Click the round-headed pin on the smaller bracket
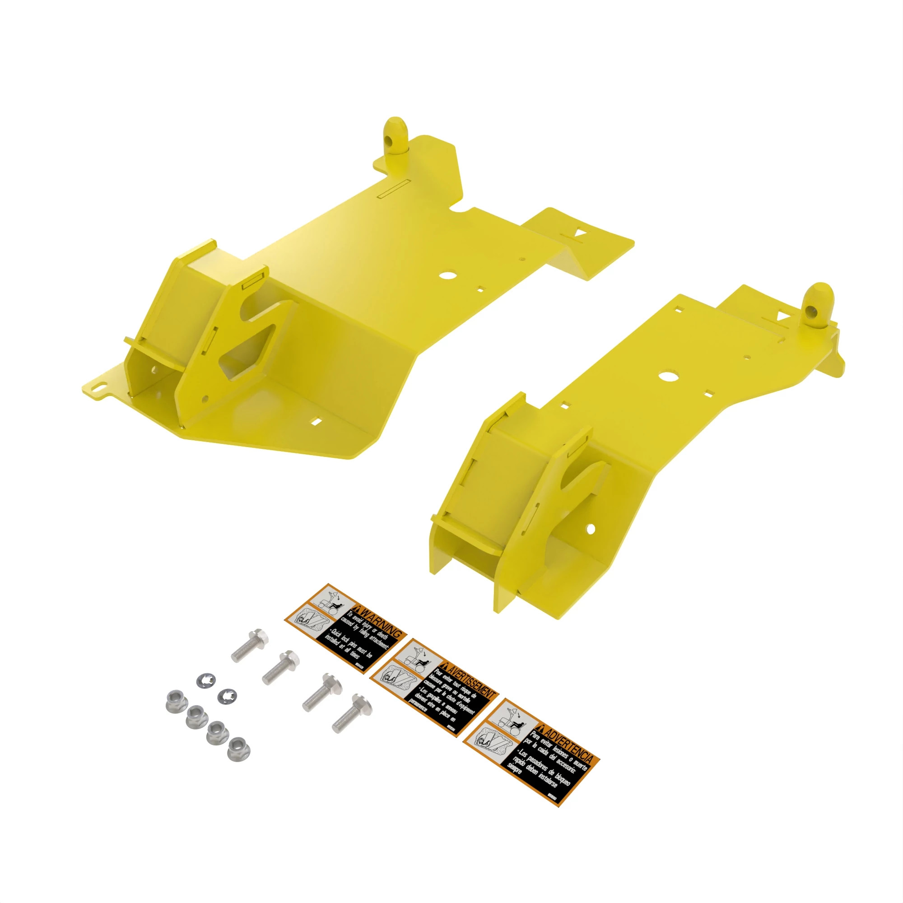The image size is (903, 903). coord(818,301)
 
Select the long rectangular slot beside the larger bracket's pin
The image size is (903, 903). coord(393,187)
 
